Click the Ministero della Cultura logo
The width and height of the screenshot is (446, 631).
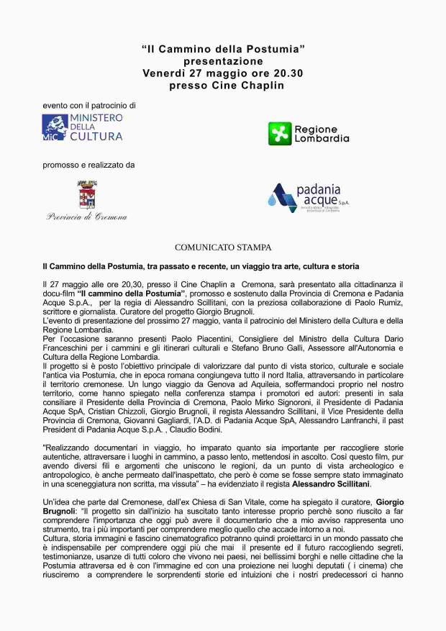[x=82, y=127]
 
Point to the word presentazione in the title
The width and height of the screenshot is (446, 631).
[x=223, y=61]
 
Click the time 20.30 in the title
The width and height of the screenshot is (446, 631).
[x=287, y=73]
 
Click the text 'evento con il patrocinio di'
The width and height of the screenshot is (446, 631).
[x=88, y=105]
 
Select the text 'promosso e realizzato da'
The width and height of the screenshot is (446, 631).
[x=88, y=165]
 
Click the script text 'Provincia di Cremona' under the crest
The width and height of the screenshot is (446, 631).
[x=86, y=217]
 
